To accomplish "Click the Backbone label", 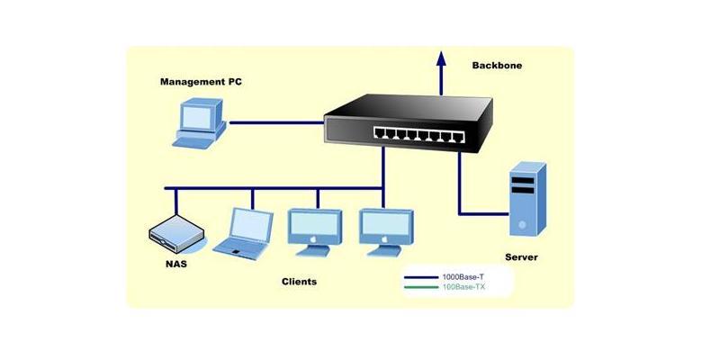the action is pos(497,66).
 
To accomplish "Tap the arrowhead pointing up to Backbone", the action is pos(441,58).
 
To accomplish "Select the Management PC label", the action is pos(201,82).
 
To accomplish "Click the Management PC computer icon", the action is pos(200,123).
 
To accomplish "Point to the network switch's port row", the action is pos(418,134).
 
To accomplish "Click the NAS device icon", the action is pos(176,234).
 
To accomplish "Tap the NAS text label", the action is pos(176,265).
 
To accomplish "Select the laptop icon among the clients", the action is pos(243,234).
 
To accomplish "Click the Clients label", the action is pos(299,282).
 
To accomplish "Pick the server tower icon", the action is pos(527,199).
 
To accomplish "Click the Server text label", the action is pos(521,257).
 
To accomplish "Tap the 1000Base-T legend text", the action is pos(463,277).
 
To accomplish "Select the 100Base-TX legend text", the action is pos(463,287).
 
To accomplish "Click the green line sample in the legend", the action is pos(421,287).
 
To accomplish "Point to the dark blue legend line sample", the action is pos(421,277).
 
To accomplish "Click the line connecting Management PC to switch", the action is pos(277,122).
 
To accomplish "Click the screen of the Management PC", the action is pos(196,117).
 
